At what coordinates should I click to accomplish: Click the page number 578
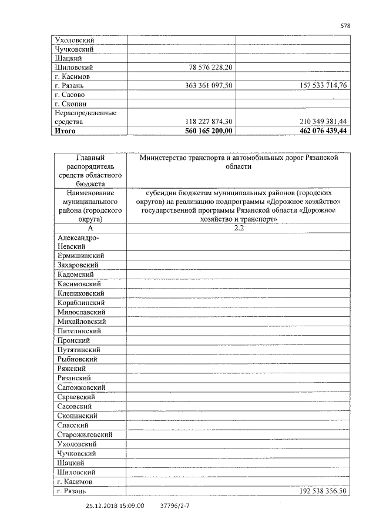pos(345,26)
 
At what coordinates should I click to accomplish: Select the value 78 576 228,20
pos(211,68)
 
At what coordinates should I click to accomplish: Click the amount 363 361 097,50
pos(209,86)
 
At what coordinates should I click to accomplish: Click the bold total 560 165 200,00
pos(209,131)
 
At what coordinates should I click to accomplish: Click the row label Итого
pos(65,131)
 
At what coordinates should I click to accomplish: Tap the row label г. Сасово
pos(69,95)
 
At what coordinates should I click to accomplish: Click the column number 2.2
pos(238,228)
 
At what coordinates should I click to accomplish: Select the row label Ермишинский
pos(81,256)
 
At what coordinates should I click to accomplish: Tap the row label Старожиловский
pos(85,434)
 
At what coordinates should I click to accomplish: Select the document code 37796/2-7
pos(174,504)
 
